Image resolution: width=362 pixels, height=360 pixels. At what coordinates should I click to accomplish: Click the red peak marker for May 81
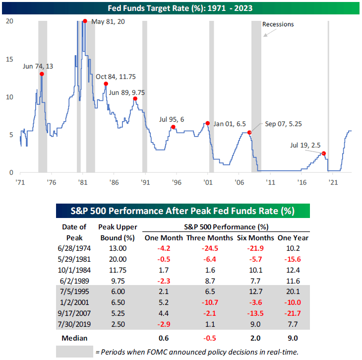85,21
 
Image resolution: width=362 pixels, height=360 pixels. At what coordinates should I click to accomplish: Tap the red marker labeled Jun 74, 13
42,74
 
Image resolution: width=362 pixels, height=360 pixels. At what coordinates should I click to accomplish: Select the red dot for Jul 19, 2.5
324,153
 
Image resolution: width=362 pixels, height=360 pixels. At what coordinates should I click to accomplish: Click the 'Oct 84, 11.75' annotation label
116,76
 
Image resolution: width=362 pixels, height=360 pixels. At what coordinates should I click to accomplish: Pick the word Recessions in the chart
278,24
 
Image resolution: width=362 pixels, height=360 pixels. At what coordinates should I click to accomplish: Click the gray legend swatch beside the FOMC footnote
75,351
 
